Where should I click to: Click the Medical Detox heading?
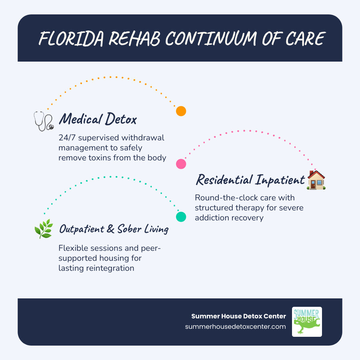click(98, 119)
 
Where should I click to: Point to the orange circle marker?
click(181, 111)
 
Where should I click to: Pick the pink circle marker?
click(181, 164)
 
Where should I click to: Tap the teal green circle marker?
click(181, 217)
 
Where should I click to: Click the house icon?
click(316, 180)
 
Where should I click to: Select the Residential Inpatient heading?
click(250, 180)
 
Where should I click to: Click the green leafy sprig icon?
click(43, 229)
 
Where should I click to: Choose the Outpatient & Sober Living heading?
click(114, 229)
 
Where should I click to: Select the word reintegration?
click(110, 268)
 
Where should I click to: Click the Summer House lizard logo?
click(307, 322)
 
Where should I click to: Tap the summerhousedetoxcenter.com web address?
click(236, 326)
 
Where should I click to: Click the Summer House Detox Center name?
click(239, 316)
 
